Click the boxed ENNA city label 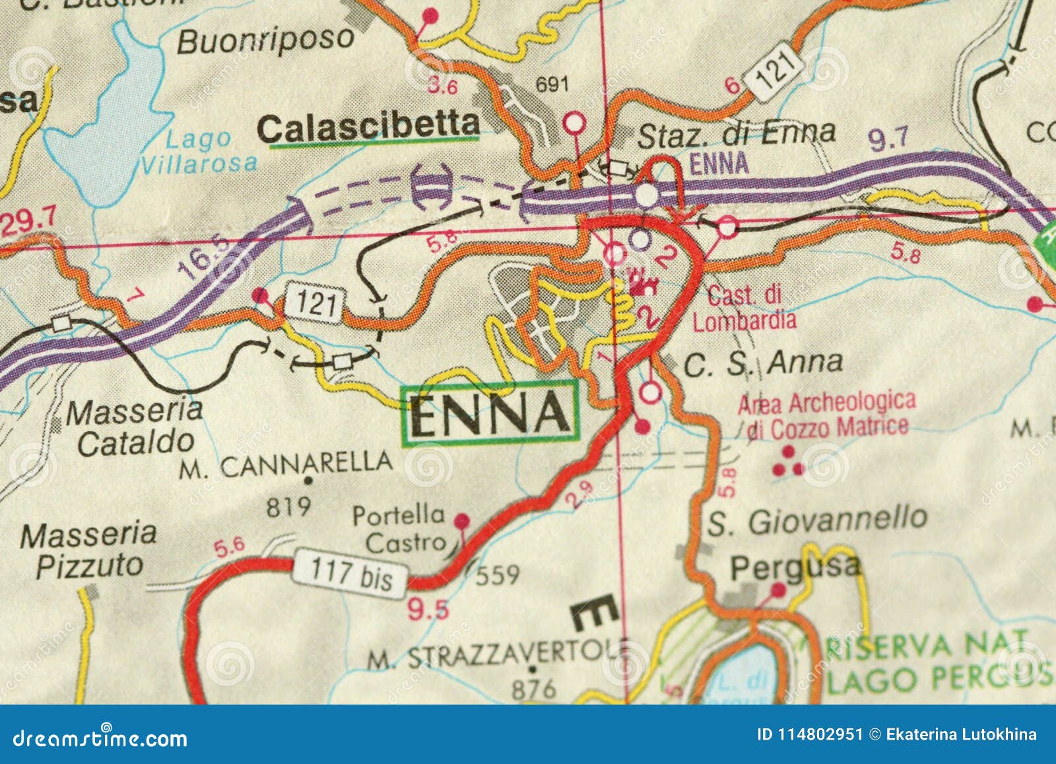(x=490, y=413)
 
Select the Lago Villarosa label (x=199, y=151)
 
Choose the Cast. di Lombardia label (x=744, y=308)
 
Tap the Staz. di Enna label (x=736, y=134)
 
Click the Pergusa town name (x=795, y=567)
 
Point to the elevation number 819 (x=288, y=507)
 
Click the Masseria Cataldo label (x=135, y=427)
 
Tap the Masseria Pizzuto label (x=88, y=549)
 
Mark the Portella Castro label (x=399, y=528)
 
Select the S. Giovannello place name (x=817, y=520)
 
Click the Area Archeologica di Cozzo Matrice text (x=827, y=415)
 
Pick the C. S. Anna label (x=763, y=363)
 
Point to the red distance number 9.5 (x=428, y=609)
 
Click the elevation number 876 (x=534, y=689)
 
